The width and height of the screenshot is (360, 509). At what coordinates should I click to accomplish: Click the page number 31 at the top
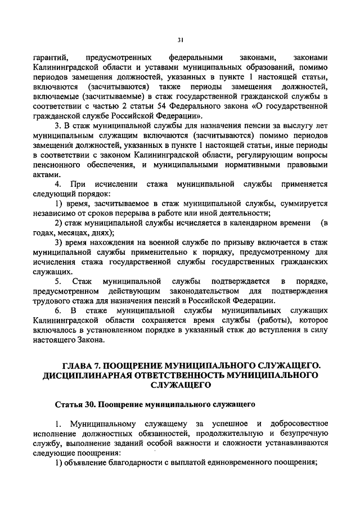coord(180,39)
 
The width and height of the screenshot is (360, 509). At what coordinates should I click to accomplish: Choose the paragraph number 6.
coord(57,310)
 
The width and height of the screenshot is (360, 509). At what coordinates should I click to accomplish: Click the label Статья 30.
coord(76,404)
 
